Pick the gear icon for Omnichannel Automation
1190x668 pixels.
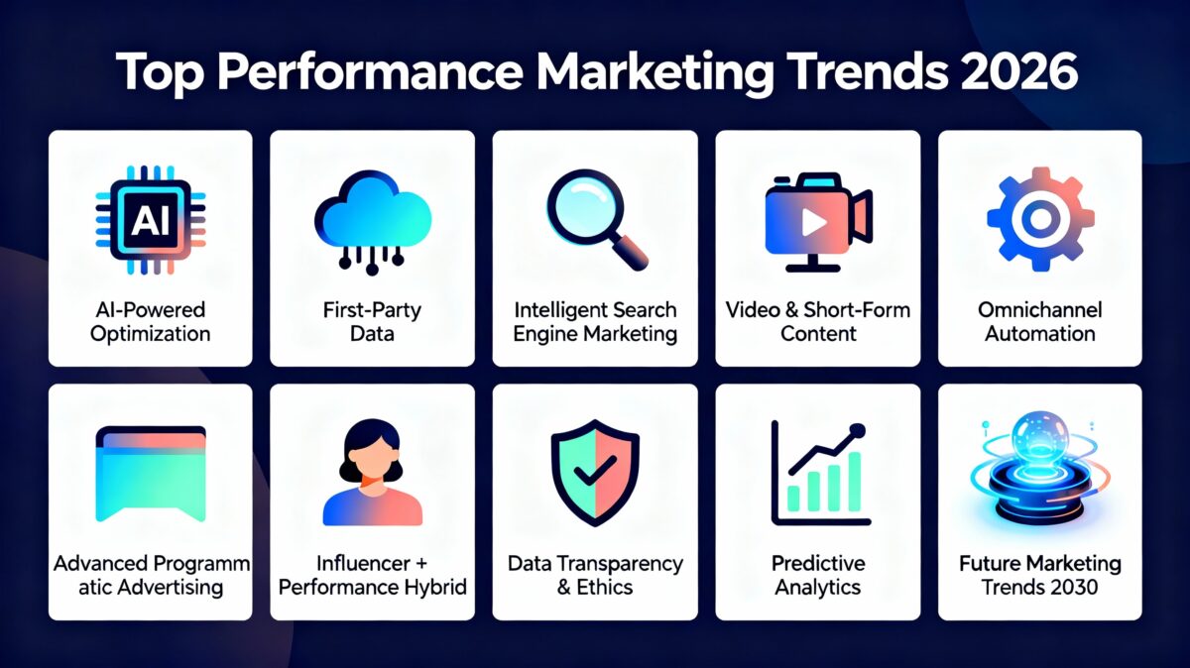(1040, 218)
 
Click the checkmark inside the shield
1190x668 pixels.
(595, 474)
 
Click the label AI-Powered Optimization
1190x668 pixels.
(150, 322)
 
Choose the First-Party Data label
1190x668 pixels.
(373, 322)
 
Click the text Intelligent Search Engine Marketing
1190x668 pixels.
(595, 322)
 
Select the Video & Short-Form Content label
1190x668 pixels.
(818, 322)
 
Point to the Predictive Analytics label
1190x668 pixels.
(818, 575)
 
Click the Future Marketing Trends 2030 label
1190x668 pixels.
(1040, 575)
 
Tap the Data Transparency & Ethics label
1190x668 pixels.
(595, 575)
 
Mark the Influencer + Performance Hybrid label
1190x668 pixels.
(373, 575)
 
